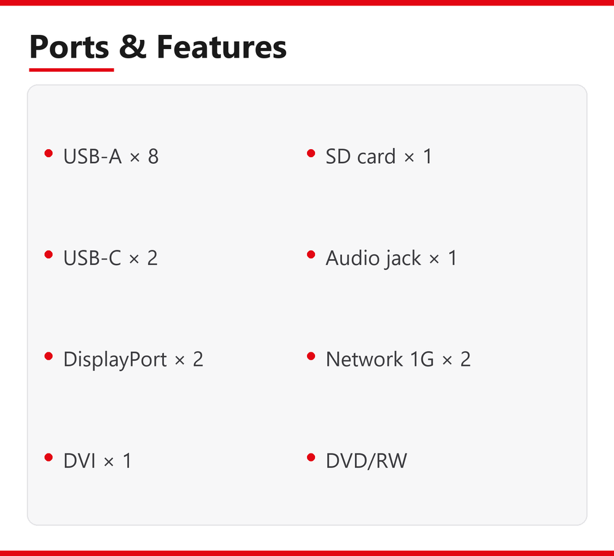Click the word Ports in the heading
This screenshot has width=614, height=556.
[69, 47]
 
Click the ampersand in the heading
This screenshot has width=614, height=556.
[133, 47]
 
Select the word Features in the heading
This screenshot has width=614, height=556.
[222, 47]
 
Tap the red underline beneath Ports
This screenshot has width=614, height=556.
[71, 69]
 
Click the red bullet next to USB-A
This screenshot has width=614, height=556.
[49, 153]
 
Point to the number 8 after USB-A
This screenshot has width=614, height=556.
[153, 156]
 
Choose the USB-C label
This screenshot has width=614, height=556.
[92, 258]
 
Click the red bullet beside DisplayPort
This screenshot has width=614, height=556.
[49, 356]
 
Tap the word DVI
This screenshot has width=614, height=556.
[79, 460]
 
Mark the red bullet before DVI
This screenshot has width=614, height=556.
[49, 457]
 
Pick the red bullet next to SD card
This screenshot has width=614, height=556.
[311, 153]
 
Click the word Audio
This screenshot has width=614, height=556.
[352, 258]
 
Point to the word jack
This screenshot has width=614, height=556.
[403, 258]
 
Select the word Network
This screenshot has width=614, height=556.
[364, 359]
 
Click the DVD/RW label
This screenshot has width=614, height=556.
[367, 460]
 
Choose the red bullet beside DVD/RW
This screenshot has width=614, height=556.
[311, 457]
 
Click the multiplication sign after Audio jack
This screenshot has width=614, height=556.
[434, 259]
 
